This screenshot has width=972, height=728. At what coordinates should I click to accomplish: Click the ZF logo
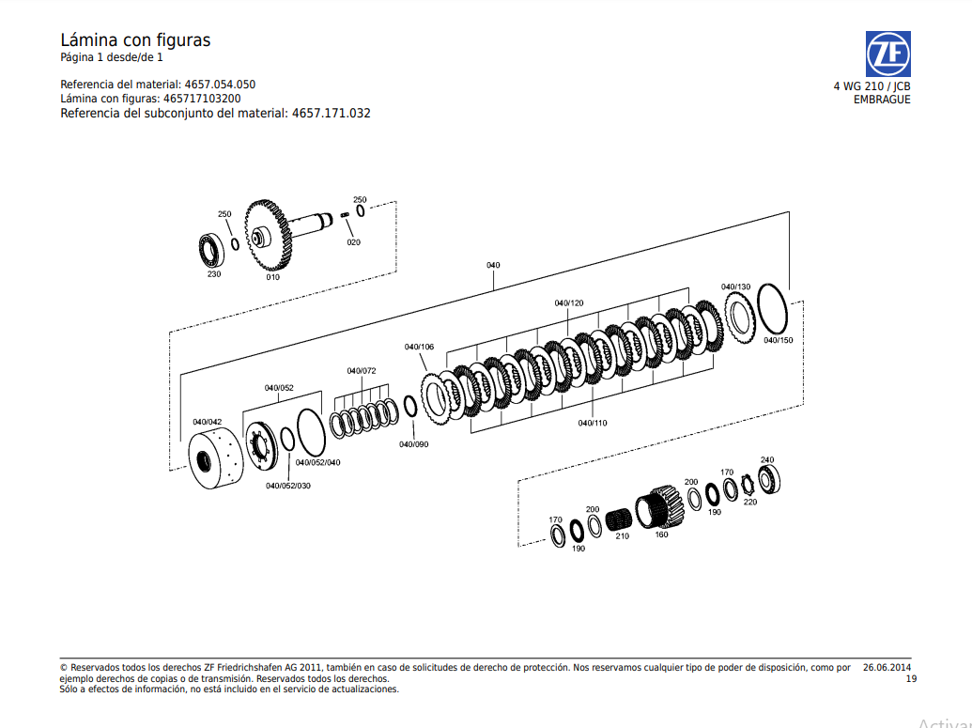point(887,54)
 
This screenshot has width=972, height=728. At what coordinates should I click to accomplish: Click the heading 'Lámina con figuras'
point(135,39)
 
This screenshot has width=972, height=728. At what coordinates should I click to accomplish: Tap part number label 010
point(272,277)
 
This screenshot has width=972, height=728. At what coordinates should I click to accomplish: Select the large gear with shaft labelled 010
point(273,236)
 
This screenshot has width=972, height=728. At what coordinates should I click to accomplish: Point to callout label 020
point(353,242)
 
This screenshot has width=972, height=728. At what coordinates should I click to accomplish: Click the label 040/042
point(207,422)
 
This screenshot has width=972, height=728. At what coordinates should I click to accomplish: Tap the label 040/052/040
point(318,462)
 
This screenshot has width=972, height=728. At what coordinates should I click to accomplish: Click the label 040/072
point(361,371)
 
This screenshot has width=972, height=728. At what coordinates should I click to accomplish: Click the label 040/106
point(419,347)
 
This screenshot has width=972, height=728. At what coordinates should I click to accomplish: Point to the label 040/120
point(568,302)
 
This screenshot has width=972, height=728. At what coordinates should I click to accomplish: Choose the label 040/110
point(592,423)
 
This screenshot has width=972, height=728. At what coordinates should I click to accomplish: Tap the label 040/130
point(735,287)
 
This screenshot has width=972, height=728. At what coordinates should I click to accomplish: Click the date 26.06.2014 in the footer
point(887,667)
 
